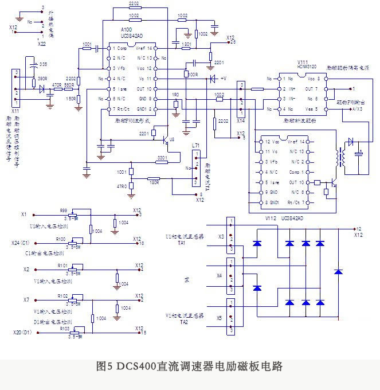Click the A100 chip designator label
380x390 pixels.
[127, 29]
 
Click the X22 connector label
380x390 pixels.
[41, 42]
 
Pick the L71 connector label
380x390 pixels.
[196, 147]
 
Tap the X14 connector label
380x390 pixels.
[241, 121]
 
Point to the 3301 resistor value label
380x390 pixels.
[162, 157]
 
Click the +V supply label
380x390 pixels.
[223, 78]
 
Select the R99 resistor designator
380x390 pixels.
[63, 210]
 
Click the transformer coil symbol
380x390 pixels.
[342, 156]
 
